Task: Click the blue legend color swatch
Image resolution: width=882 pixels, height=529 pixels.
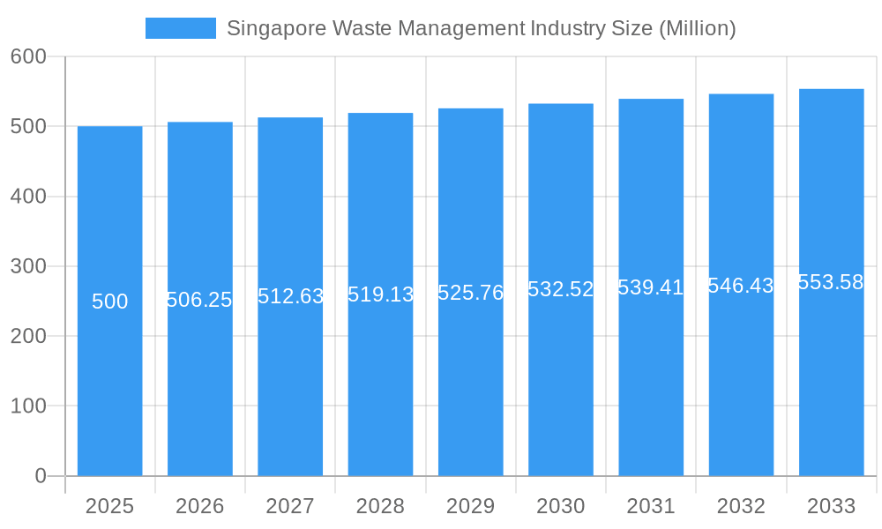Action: [180, 28]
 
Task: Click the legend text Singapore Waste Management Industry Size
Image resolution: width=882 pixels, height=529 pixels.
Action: [481, 28]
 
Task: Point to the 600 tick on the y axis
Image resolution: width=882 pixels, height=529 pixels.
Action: [28, 56]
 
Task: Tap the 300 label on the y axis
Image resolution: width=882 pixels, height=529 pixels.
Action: [28, 266]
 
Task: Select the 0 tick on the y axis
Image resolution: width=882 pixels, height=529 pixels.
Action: [40, 476]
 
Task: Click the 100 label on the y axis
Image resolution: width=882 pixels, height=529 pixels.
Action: [28, 406]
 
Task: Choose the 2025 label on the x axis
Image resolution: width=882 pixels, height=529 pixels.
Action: [109, 506]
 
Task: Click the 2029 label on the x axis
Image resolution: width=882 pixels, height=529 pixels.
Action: [470, 506]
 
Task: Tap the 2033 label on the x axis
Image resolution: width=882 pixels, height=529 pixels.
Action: [831, 506]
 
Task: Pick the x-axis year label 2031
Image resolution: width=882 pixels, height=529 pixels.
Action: [651, 506]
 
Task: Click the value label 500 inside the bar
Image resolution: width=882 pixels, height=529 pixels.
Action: [109, 302]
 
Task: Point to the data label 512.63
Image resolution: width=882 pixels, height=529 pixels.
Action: [290, 296]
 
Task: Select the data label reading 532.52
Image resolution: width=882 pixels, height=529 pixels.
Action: [561, 289]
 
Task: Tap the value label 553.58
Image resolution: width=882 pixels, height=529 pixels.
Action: [831, 282]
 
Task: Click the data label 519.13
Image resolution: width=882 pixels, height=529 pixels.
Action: [380, 294]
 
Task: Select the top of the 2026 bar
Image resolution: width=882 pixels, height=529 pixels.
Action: [200, 123]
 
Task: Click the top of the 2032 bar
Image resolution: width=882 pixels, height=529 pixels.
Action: [741, 94]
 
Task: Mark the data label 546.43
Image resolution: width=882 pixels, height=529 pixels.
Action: [741, 286]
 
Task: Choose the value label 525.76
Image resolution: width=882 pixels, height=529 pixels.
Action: [470, 293]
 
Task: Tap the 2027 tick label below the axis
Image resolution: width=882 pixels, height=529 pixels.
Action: [290, 506]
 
